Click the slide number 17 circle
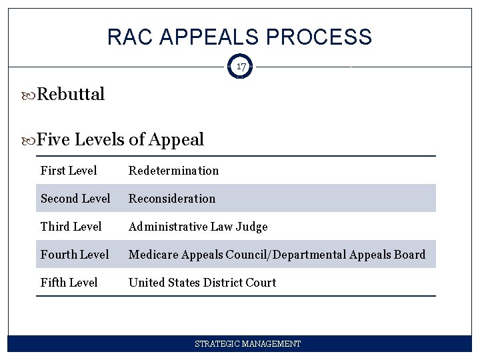pyautogui.click(x=240, y=67)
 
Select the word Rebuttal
pyautogui.click(x=71, y=95)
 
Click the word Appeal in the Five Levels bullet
pyautogui.click(x=177, y=140)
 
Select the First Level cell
pyautogui.click(x=69, y=171)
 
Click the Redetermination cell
pyautogui.click(x=173, y=171)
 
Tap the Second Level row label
pyautogui.click(x=75, y=199)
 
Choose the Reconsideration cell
pyautogui.click(x=172, y=199)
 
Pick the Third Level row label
pyautogui.click(x=71, y=227)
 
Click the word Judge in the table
pyautogui.click(x=251, y=227)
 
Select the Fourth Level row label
pyautogui.click(x=75, y=255)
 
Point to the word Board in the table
pyautogui.click(x=409, y=255)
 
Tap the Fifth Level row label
pyautogui.click(x=69, y=283)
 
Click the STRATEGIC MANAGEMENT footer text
pyautogui.click(x=247, y=344)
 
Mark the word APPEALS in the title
pyautogui.click(x=211, y=37)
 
